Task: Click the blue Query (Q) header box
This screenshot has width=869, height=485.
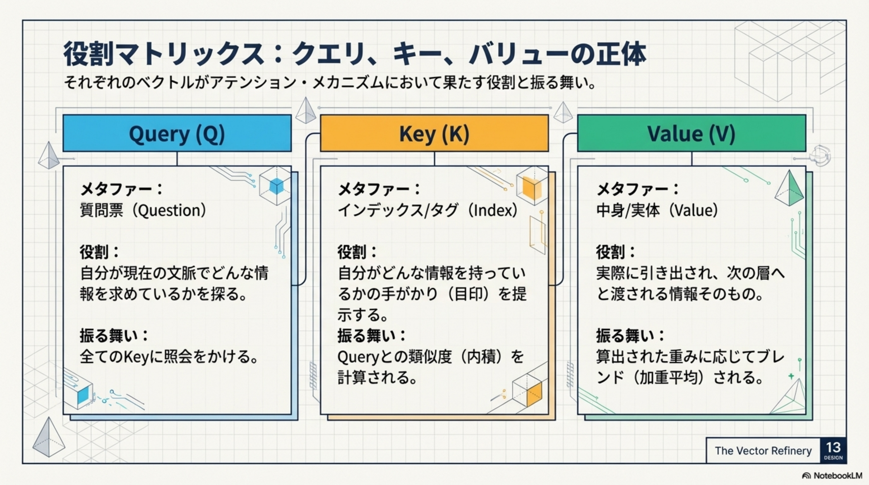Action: pyautogui.click(x=177, y=133)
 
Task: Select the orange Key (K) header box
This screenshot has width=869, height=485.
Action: pyautogui.click(x=434, y=133)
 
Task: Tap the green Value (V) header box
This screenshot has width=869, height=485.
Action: pyautogui.click(x=692, y=133)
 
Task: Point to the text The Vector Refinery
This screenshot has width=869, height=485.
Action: pyautogui.click(x=763, y=451)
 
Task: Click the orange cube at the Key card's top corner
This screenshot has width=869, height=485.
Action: pyautogui.click(x=532, y=186)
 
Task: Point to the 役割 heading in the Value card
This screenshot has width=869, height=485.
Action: pyautogui.click(x=611, y=252)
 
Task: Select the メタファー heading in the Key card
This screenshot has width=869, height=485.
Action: pyautogui.click(x=375, y=189)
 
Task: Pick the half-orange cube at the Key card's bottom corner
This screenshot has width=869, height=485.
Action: pyautogui.click(x=527, y=390)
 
